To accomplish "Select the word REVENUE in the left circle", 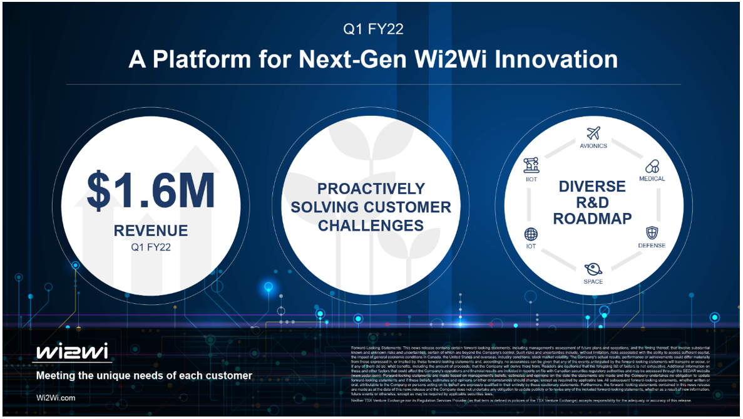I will click(151, 231).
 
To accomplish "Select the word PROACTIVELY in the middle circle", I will click(371, 189).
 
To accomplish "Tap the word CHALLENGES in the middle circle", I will click(371, 225).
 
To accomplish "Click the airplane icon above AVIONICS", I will click(593, 133).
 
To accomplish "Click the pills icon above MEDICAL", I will click(652, 167).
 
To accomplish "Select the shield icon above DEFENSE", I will click(652, 232).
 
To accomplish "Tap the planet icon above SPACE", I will click(593, 269).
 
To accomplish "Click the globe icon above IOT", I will click(531, 234).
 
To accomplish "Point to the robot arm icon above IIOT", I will click(531, 165).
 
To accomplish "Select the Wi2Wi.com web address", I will click(56, 398).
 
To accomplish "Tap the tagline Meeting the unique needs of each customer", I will click(144, 376).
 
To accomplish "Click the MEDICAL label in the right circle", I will click(652, 179).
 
